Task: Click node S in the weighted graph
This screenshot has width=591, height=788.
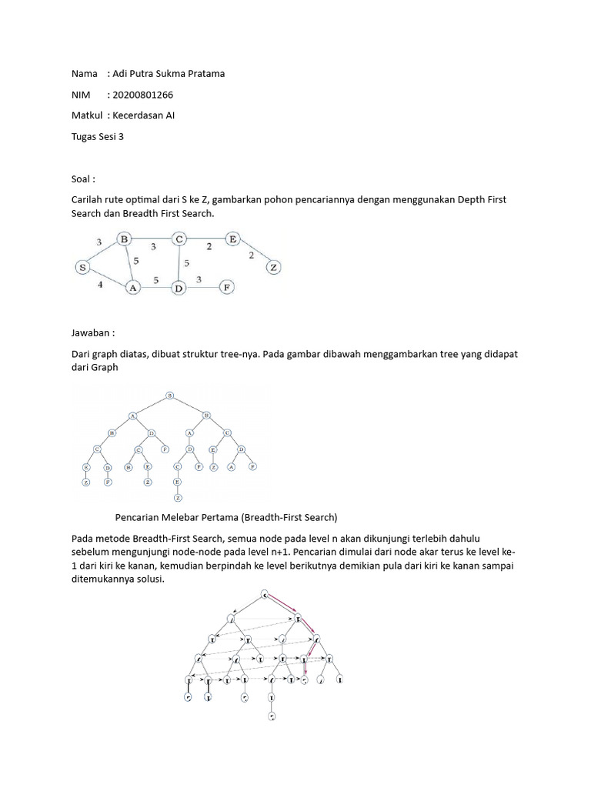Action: pyautogui.click(x=82, y=267)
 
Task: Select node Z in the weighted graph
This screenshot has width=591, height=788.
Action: pyautogui.click(x=272, y=268)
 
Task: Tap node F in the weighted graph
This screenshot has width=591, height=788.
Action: pyautogui.click(x=226, y=287)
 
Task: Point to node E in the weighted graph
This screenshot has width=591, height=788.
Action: pyautogui.click(x=232, y=239)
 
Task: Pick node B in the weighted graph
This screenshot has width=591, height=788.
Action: pyautogui.click(x=124, y=239)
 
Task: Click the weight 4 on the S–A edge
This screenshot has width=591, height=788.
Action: pyautogui.click(x=99, y=284)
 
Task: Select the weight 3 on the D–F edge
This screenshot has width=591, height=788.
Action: pyautogui.click(x=199, y=279)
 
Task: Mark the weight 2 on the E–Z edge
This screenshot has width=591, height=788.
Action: pyautogui.click(x=250, y=255)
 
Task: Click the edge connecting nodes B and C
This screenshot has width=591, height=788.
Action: pyautogui.click(x=152, y=240)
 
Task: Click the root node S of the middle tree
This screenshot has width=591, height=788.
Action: pyautogui.click(x=170, y=396)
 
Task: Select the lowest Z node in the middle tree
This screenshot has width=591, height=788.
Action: pyautogui.click(x=178, y=498)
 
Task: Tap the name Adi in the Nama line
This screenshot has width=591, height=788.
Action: pyautogui.click(x=122, y=74)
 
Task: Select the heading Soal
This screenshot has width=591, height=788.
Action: pyautogui.click(x=82, y=179)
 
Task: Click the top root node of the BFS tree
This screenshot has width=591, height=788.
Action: pyautogui.click(x=265, y=594)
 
